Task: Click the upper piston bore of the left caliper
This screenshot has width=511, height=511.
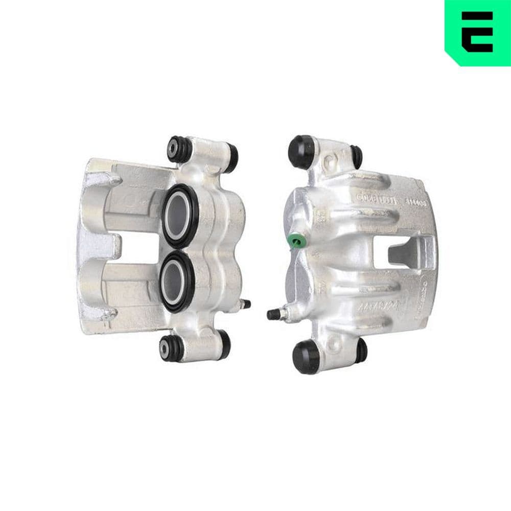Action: (x=178, y=208)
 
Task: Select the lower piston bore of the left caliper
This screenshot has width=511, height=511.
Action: (x=177, y=278)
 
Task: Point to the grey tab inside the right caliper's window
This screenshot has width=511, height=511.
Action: (x=404, y=255)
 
